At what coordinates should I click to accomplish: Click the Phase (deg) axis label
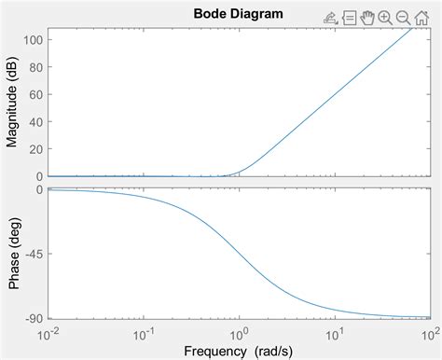coord(12,254)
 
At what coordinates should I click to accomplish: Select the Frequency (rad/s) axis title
coord(239,351)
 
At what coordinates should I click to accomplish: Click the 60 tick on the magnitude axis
coord(35,94)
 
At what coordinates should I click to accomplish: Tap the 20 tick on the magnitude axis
coord(35,149)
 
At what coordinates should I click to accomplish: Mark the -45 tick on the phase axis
coord(33,254)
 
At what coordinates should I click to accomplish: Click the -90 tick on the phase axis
coord(33,318)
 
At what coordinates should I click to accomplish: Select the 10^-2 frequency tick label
coord(48,332)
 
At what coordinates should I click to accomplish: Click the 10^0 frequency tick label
coord(240,332)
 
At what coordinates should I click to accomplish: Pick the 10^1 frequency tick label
coord(334,332)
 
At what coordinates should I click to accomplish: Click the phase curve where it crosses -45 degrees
coord(239,254)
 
